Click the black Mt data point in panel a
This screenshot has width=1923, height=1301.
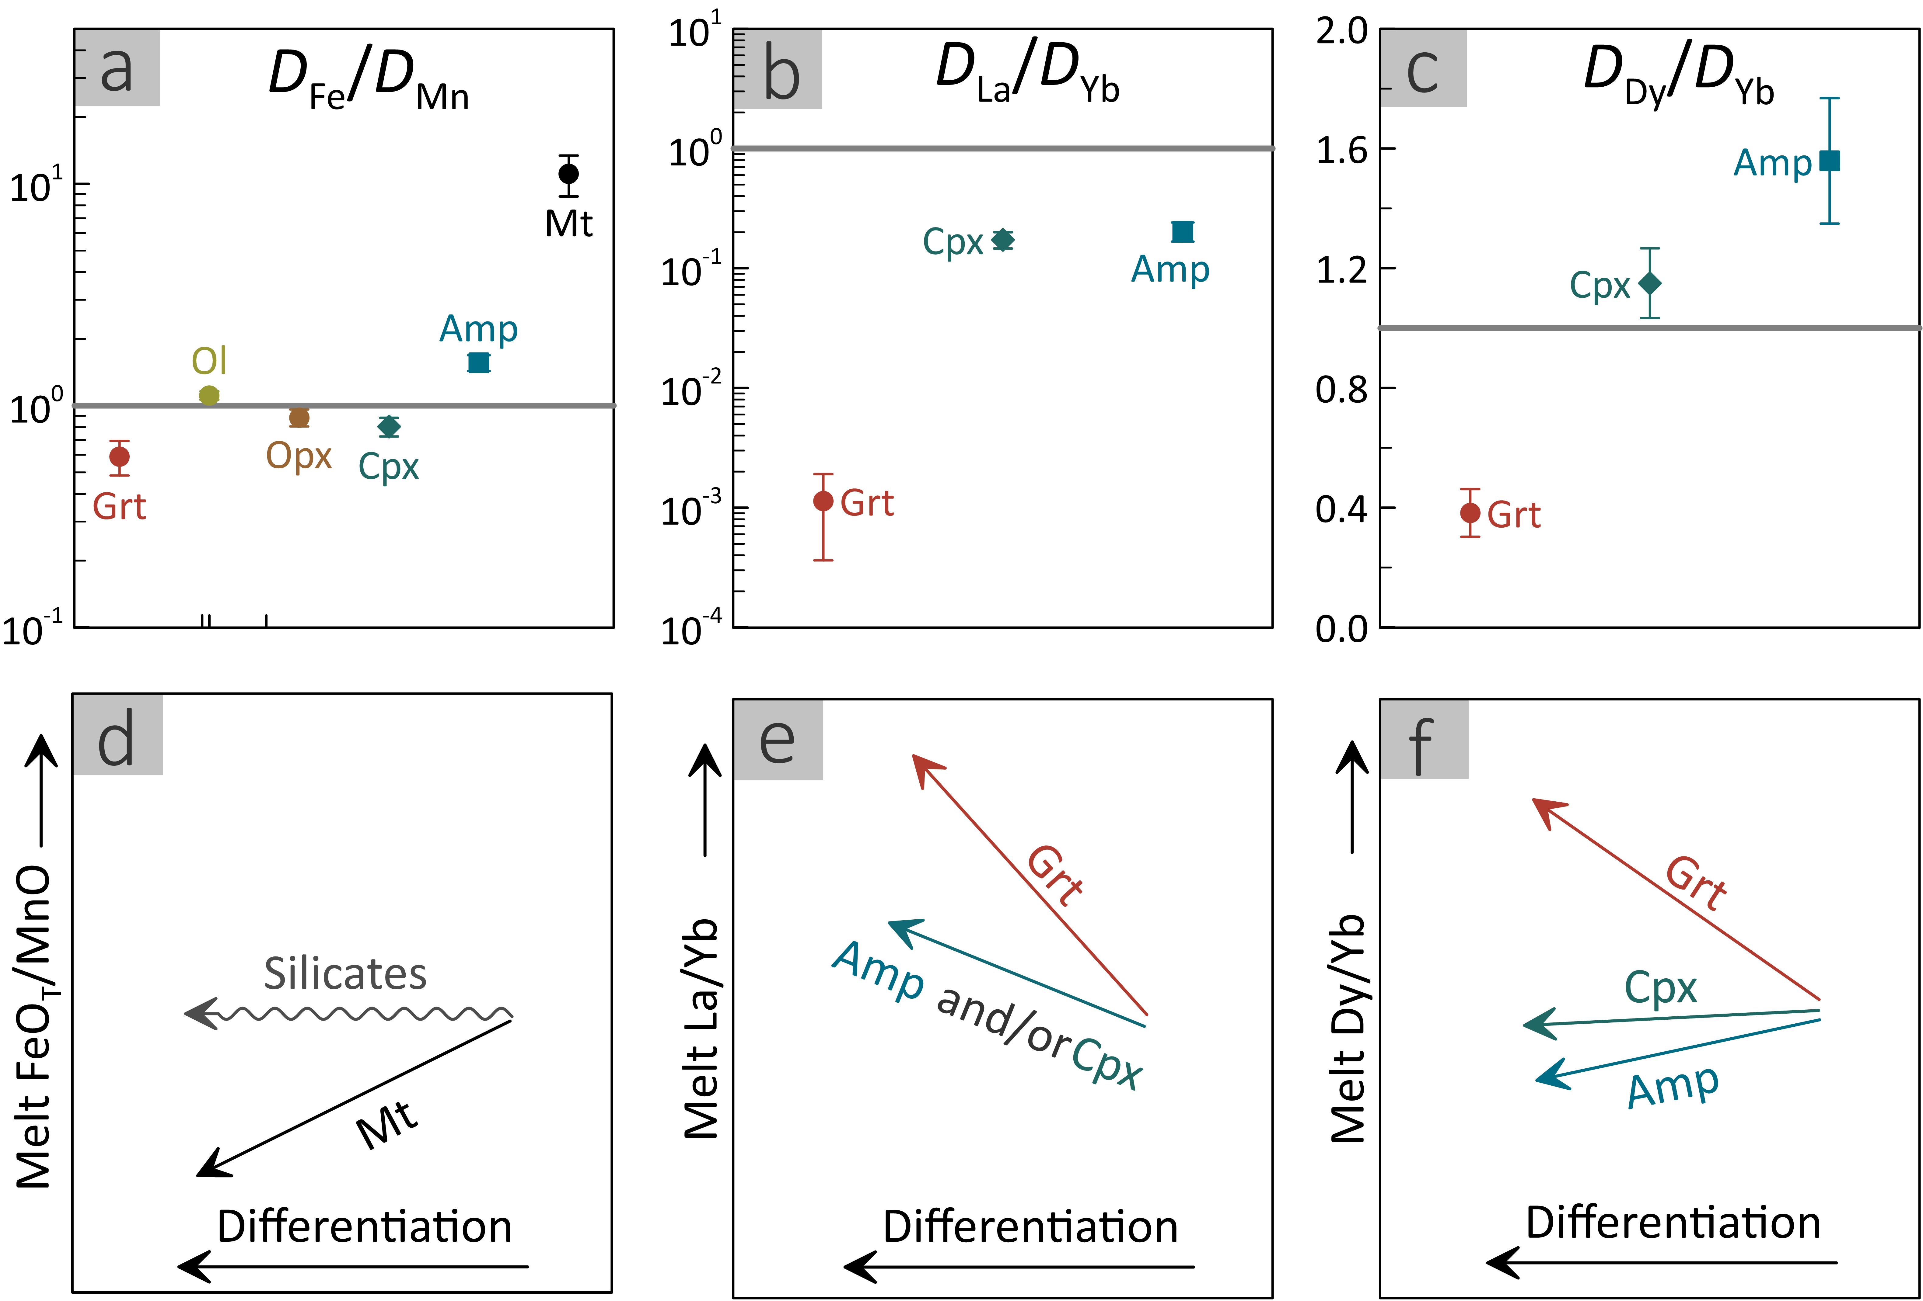click(x=568, y=174)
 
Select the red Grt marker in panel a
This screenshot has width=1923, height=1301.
click(x=119, y=456)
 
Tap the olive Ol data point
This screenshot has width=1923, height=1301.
click(x=209, y=395)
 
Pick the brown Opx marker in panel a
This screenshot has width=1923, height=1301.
click(x=299, y=418)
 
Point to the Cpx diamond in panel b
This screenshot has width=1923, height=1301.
click(x=1003, y=240)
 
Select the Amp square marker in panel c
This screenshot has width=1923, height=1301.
click(x=1830, y=161)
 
